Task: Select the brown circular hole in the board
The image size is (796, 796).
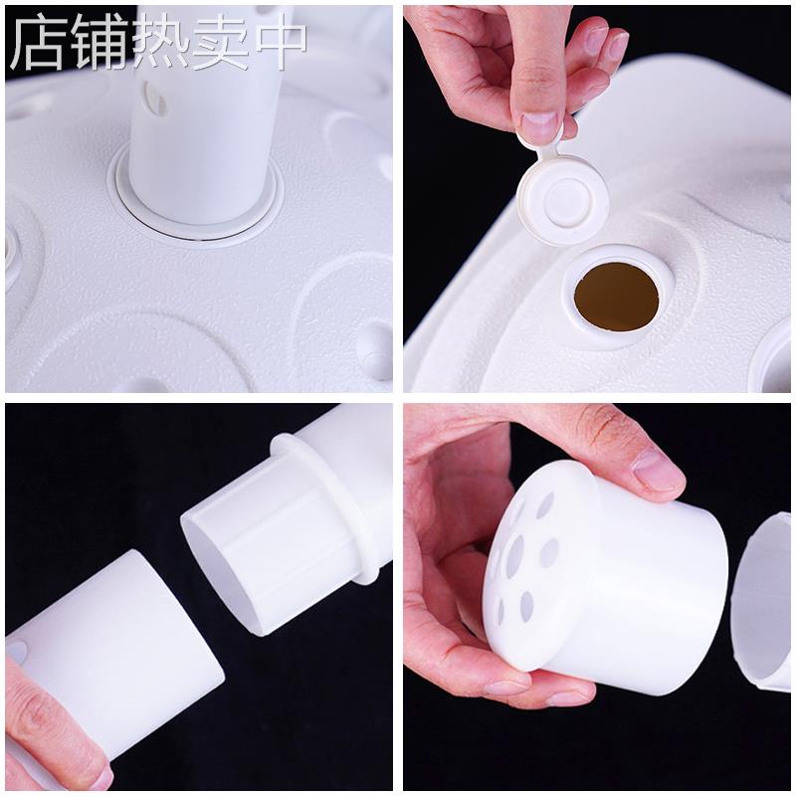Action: pyautogui.click(x=617, y=297)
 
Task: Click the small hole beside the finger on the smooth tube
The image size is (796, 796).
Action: pyautogui.click(x=18, y=652)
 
